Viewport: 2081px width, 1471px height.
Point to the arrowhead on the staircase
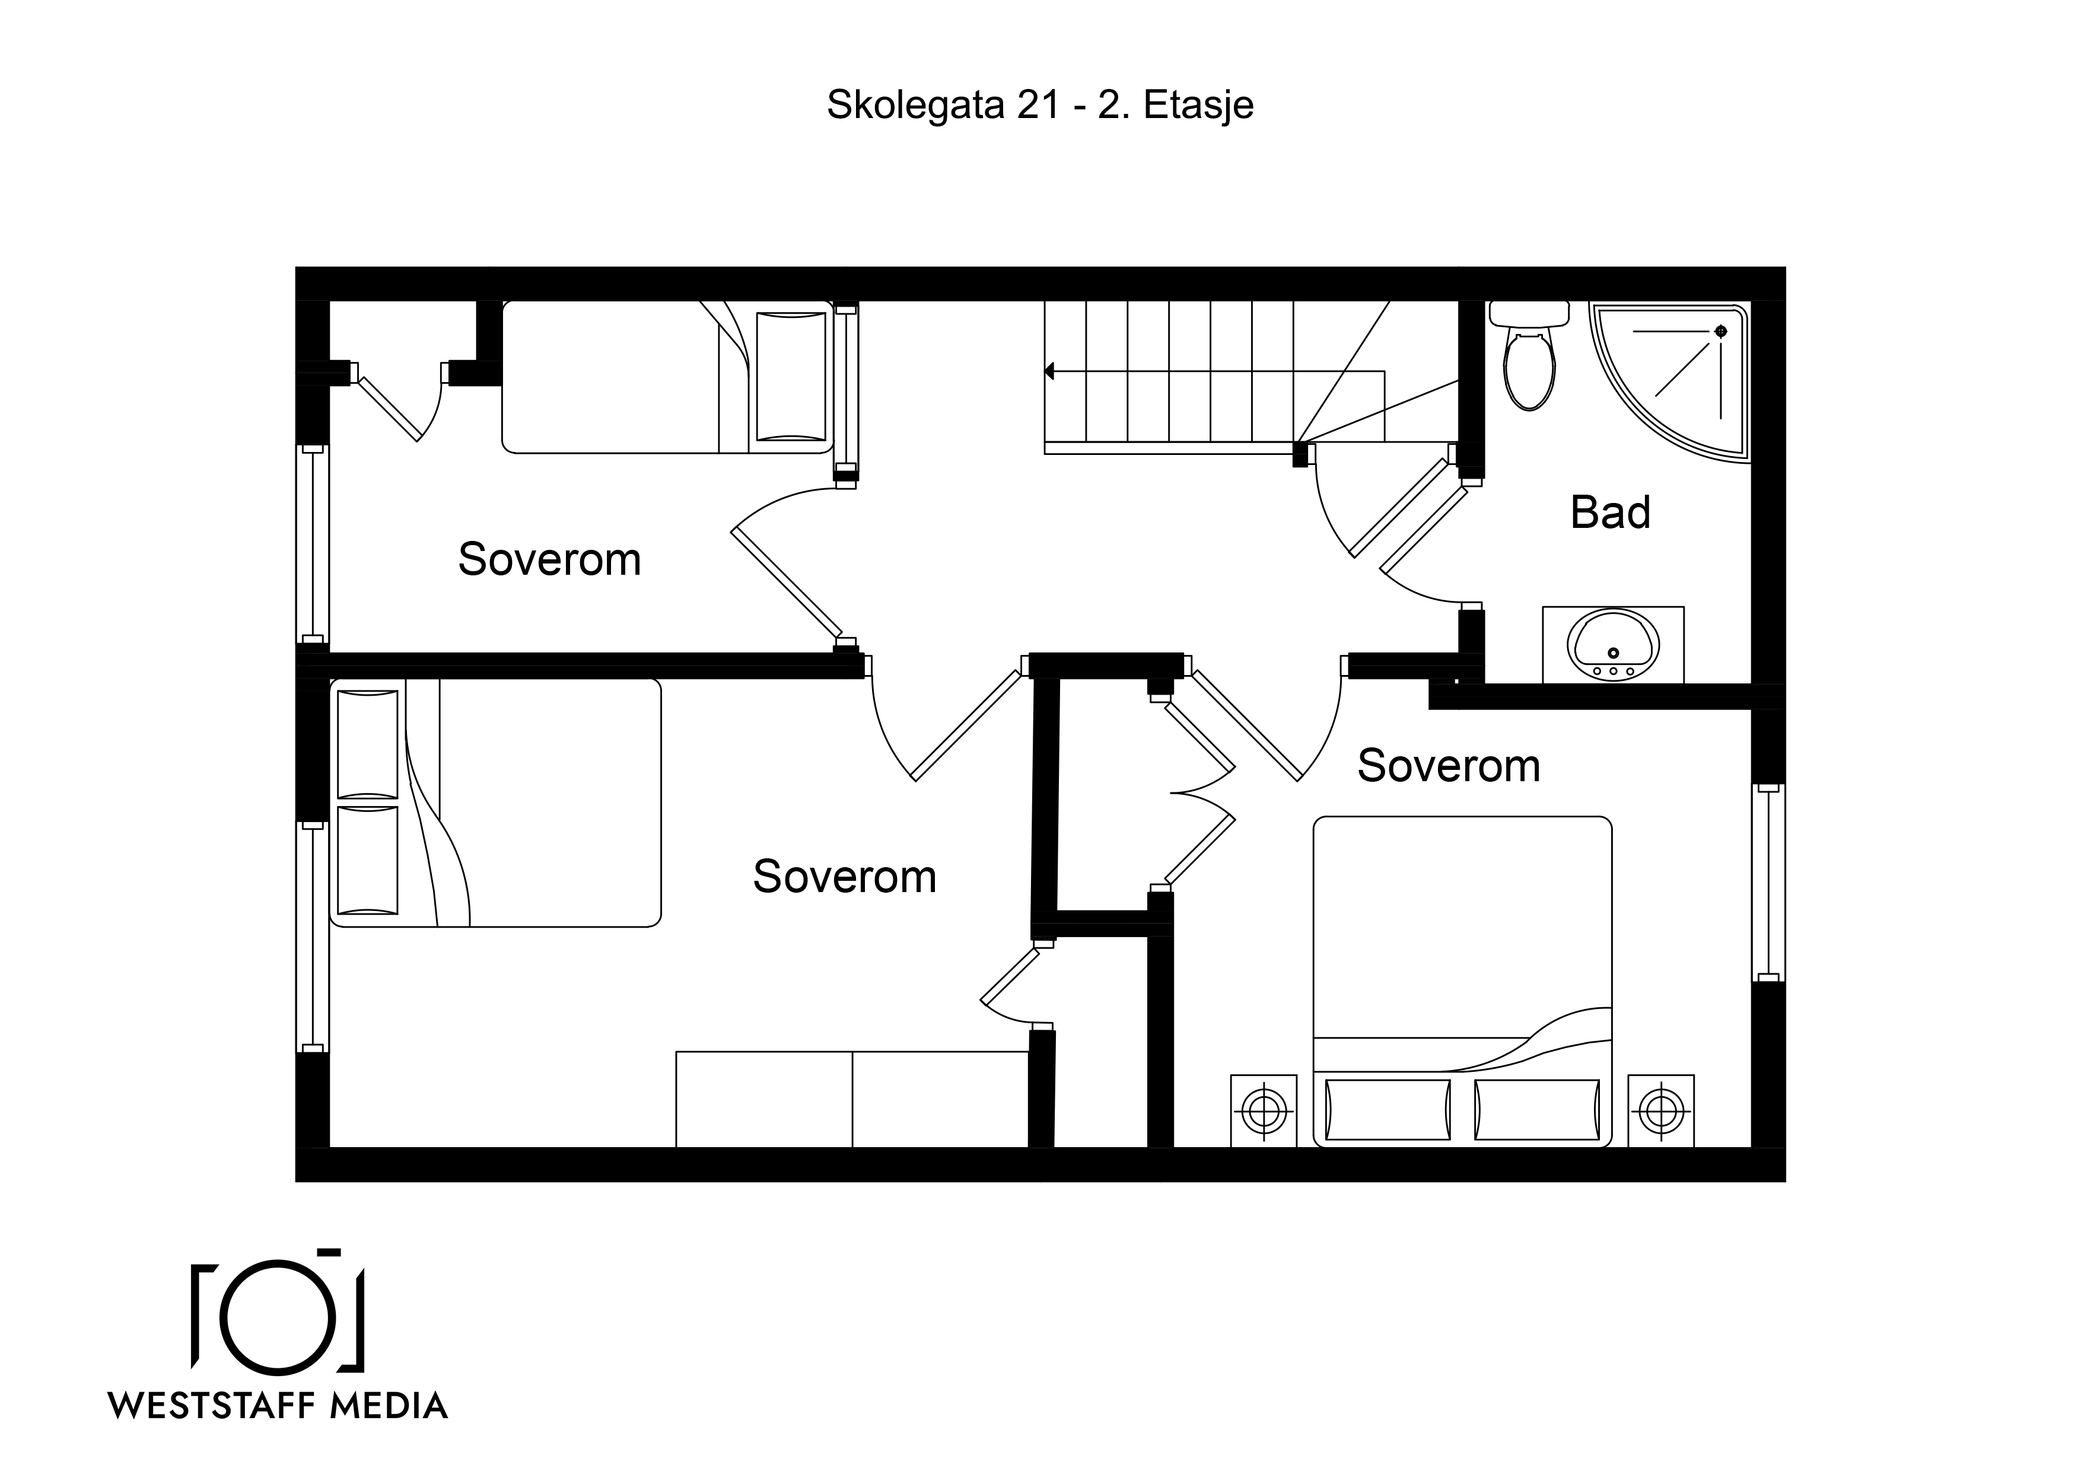(x=1049, y=371)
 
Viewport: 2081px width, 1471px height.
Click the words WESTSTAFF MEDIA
(x=278, y=1406)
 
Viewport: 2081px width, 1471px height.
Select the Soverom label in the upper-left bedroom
(x=549, y=559)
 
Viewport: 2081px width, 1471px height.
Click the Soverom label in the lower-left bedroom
(x=845, y=877)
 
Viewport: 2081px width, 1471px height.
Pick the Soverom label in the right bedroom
(x=1449, y=766)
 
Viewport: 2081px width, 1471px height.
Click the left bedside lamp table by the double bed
(x=1264, y=1110)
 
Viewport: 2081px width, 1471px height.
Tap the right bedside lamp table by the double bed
(x=1662, y=1110)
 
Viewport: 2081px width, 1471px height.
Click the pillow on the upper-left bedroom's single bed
(x=791, y=377)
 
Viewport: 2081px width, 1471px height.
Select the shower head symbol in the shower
(x=1720, y=332)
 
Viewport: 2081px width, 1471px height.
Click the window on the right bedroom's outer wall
(x=1768, y=883)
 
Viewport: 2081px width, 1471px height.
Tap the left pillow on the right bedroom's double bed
(x=1388, y=1109)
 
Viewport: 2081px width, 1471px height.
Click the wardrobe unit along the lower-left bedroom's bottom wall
(x=853, y=1100)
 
